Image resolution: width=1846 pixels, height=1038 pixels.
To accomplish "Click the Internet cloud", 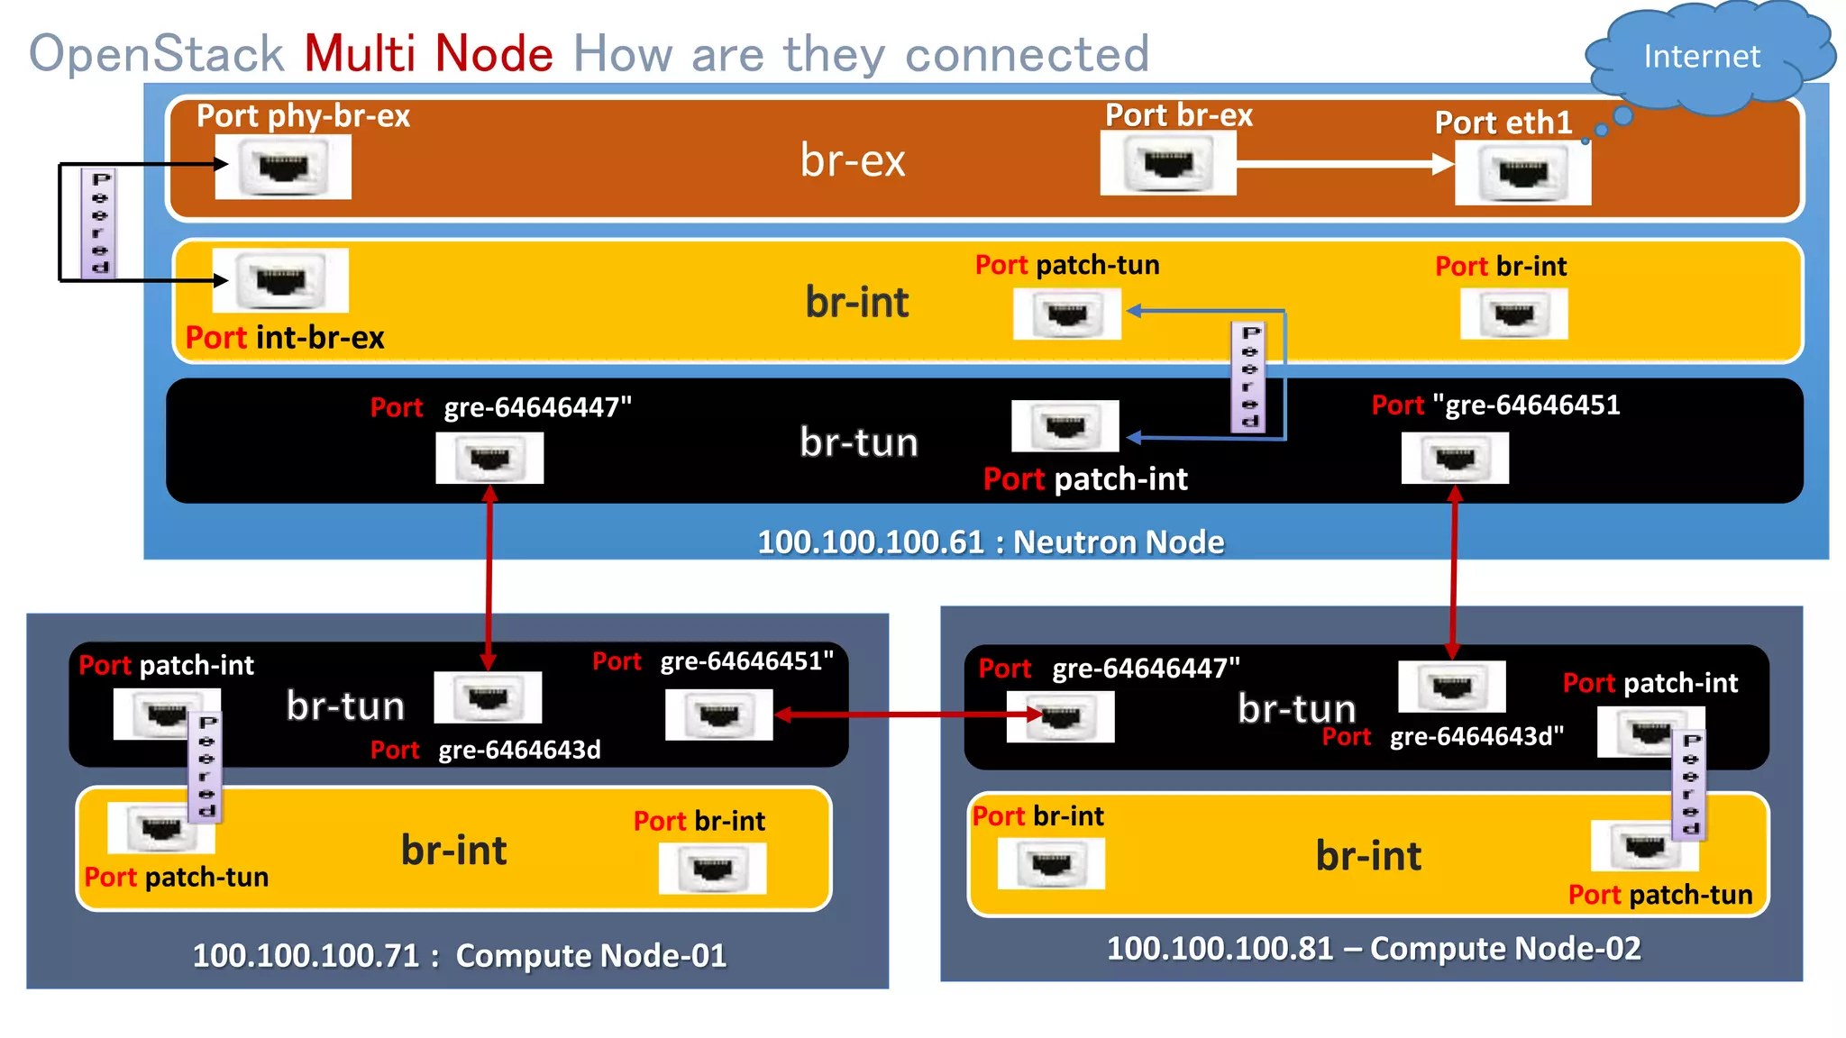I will pyautogui.click(x=1702, y=56).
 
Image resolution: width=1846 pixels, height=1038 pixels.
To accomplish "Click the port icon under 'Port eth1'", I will pyautogui.click(x=1522, y=173).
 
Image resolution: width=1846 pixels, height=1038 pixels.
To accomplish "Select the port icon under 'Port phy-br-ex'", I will pyautogui.click(x=283, y=168).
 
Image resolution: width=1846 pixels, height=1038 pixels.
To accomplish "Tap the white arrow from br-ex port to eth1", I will pyautogui.click(x=1343, y=164).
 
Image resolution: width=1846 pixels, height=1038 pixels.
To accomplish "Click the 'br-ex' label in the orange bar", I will pyautogui.click(x=853, y=160).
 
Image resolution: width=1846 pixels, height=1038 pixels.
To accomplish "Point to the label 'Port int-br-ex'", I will pyautogui.click(x=285, y=338).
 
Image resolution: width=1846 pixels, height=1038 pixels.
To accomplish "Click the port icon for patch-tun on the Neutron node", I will pyautogui.click(x=1067, y=314).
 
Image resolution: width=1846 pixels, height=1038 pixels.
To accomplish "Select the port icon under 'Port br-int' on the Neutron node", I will pyautogui.click(x=1513, y=314).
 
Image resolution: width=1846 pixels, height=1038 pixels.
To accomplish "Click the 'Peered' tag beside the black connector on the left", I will pyautogui.click(x=99, y=223).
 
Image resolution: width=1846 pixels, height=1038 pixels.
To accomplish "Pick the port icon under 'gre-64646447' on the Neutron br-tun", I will pyautogui.click(x=489, y=459).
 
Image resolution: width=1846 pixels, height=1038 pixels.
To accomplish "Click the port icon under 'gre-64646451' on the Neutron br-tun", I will pyautogui.click(x=1455, y=459).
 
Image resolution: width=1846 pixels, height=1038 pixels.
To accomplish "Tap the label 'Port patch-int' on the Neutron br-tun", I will pyautogui.click(x=1085, y=479).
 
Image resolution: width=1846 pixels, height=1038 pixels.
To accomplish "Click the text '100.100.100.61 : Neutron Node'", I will pyautogui.click(x=990, y=542).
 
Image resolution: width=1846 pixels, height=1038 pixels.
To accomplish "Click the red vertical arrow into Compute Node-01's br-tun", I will pyautogui.click(x=489, y=577).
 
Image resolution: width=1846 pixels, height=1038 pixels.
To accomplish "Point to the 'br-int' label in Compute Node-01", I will pyautogui.click(x=453, y=851).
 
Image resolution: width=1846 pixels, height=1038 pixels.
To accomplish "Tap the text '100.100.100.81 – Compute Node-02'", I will pyautogui.click(x=1373, y=949).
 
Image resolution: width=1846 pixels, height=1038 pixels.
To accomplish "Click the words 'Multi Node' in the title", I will pyautogui.click(x=428, y=54).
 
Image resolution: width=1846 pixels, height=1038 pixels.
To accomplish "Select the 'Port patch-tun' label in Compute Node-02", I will pyautogui.click(x=1659, y=895).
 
